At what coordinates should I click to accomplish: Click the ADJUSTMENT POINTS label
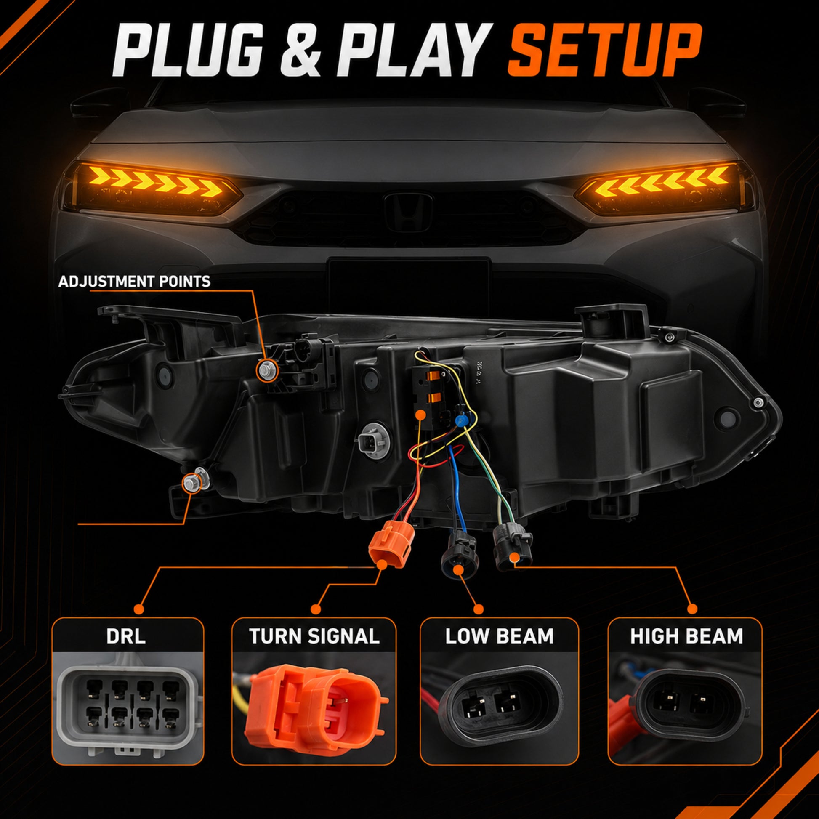point(134,282)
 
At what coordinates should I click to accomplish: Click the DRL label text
point(126,636)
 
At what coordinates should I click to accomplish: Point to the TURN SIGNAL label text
point(314,636)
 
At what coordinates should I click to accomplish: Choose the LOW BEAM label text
point(500,636)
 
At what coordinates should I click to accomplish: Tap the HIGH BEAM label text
point(686,636)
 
